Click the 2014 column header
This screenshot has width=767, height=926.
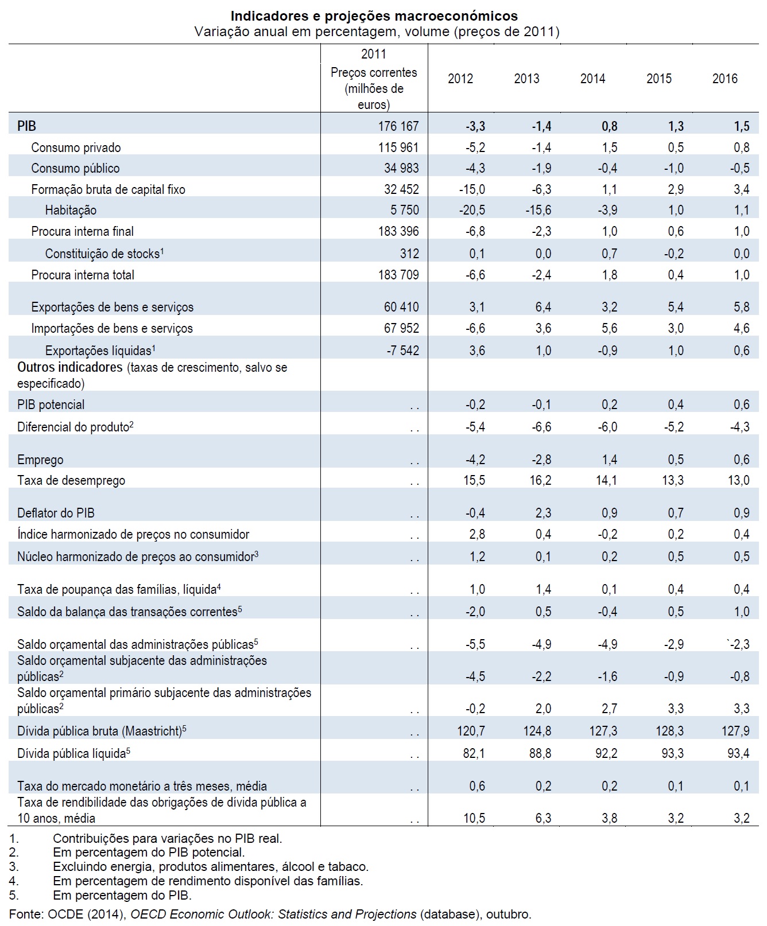pyautogui.click(x=592, y=79)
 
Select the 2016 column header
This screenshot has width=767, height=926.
pyautogui.click(x=725, y=79)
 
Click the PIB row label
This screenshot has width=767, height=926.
pyautogui.click(x=26, y=126)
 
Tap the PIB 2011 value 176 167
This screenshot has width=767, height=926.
pyautogui.click(x=398, y=126)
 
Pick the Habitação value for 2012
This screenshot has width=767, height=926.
pyautogui.click(x=472, y=210)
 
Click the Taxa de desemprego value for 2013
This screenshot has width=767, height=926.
pyautogui.click(x=540, y=480)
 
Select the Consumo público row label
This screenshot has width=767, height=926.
pyautogui.click(x=75, y=168)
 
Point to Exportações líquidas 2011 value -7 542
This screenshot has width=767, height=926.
pyautogui.click(x=402, y=351)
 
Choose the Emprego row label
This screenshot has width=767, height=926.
pyautogui.click(x=40, y=460)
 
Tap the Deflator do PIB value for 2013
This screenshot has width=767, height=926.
pyautogui.click(x=543, y=513)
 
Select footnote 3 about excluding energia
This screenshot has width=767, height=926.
pyautogui.click(x=210, y=866)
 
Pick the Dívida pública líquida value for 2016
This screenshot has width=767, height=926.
pyautogui.click(x=738, y=753)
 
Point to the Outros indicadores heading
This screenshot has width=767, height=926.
pyautogui.click(x=70, y=367)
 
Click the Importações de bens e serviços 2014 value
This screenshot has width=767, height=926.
pyautogui.click(x=609, y=328)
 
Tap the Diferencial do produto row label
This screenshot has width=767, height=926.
pyautogui.click(x=73, y=426)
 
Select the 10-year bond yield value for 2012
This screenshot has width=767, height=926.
pyautogui.click(x=474, y=818)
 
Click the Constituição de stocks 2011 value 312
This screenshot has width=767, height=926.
pyautogui.click(x=409, y=254)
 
